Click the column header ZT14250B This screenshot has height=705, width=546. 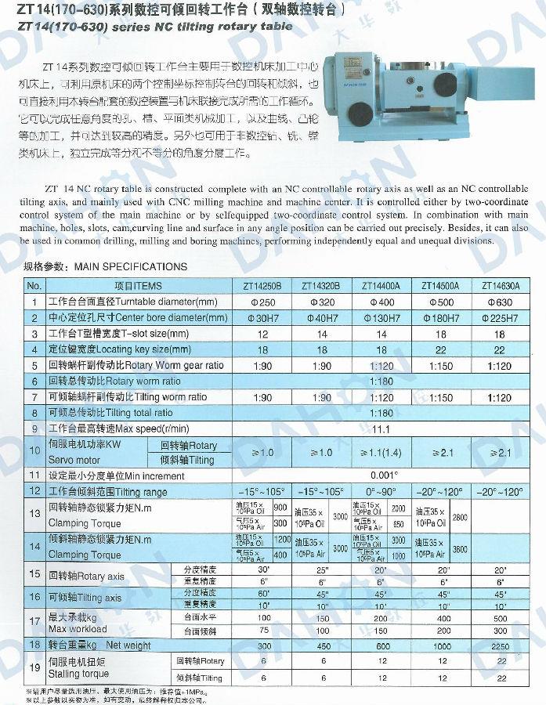coord(262,286)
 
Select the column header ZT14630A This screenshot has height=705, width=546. coord(500,286)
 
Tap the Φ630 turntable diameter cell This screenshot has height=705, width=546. coord(500,302)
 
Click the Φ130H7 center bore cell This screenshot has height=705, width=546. coord(381,318)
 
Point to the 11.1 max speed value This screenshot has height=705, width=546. coord(381,428)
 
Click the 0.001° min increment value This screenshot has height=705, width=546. coord(381,475)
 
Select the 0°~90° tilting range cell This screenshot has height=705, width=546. coord(381,491)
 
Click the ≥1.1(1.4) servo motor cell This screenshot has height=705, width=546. coord(381,452)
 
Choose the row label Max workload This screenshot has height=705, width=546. coord(78,628)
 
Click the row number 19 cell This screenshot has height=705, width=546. coord(34,668)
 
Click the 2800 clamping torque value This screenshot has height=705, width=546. coord(460,518)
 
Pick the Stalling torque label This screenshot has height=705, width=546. coord(78,673)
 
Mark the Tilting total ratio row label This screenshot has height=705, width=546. coord(110,413)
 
